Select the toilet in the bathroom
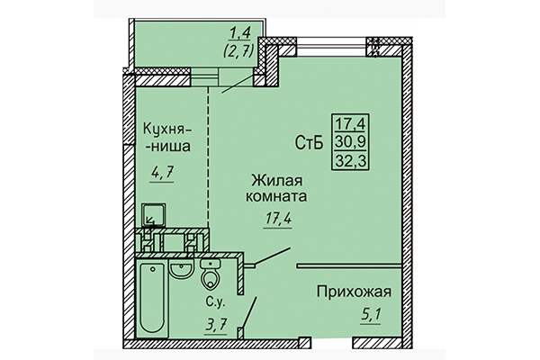tap(211, 274)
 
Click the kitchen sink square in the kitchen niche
tap(152, 215)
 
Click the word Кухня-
tap(167, 127)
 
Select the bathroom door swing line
tap(250, 314)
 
